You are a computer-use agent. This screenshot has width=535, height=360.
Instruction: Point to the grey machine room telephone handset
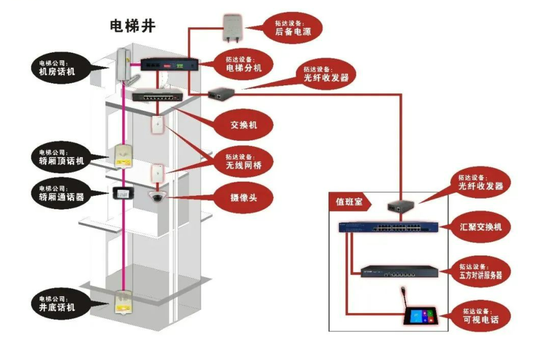124,64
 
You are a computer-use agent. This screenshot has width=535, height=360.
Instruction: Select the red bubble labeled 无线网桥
243,161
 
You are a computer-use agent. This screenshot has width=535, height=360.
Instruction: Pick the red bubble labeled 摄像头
244,198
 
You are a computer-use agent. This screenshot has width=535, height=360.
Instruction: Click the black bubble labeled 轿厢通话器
58,194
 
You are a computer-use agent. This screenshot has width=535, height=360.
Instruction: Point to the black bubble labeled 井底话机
58,304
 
